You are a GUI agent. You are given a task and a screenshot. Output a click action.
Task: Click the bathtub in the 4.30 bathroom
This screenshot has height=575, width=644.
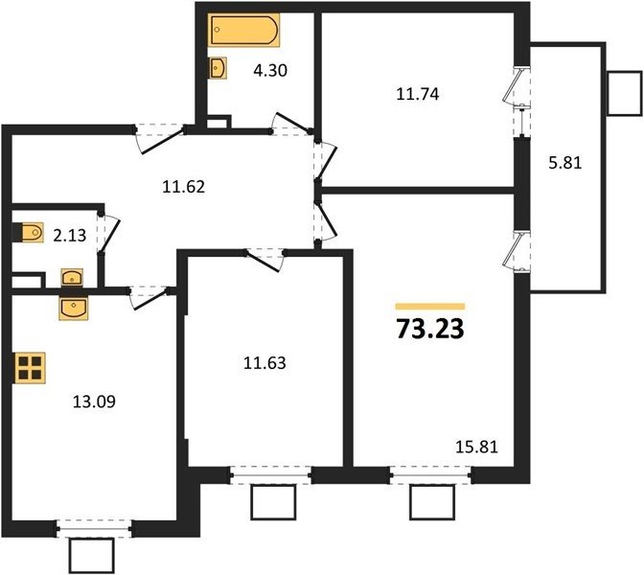pos(243,29)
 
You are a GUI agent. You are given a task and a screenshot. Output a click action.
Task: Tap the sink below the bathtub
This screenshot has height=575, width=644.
pos(218,68)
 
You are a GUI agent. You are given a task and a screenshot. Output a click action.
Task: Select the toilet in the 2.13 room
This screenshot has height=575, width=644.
pos(29,233)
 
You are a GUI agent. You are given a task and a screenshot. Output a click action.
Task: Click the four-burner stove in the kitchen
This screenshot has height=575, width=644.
pos(30,368)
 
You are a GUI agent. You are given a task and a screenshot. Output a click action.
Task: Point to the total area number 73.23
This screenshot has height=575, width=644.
pos(430,330)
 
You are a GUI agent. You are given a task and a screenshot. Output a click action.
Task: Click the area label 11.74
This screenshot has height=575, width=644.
pos(417,94)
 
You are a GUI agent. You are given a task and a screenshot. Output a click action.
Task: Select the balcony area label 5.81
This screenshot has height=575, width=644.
pos(565,163)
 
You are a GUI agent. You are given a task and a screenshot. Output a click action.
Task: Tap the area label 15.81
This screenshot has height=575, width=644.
pos(477,447)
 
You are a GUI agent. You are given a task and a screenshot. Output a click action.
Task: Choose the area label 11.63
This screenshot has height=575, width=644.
pos(264,363)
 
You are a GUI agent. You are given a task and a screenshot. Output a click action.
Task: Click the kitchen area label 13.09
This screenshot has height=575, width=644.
pos(94,402)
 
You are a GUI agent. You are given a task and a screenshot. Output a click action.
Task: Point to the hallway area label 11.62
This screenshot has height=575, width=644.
pos(183,187)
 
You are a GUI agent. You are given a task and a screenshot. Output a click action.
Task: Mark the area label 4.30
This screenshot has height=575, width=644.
pos(270,71)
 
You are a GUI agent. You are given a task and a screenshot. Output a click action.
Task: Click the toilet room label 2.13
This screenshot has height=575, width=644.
pos(70,236)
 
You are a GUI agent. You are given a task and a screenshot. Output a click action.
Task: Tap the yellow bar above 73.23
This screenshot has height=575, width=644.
pos(430,307)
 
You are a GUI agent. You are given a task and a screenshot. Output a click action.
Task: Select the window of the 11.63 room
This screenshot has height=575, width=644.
pos(271,475)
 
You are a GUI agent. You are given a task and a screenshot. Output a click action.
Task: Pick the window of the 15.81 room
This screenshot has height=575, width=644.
pos(431,475)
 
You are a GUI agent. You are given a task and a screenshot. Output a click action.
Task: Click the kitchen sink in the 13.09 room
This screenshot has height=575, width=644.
pos(74,309)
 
